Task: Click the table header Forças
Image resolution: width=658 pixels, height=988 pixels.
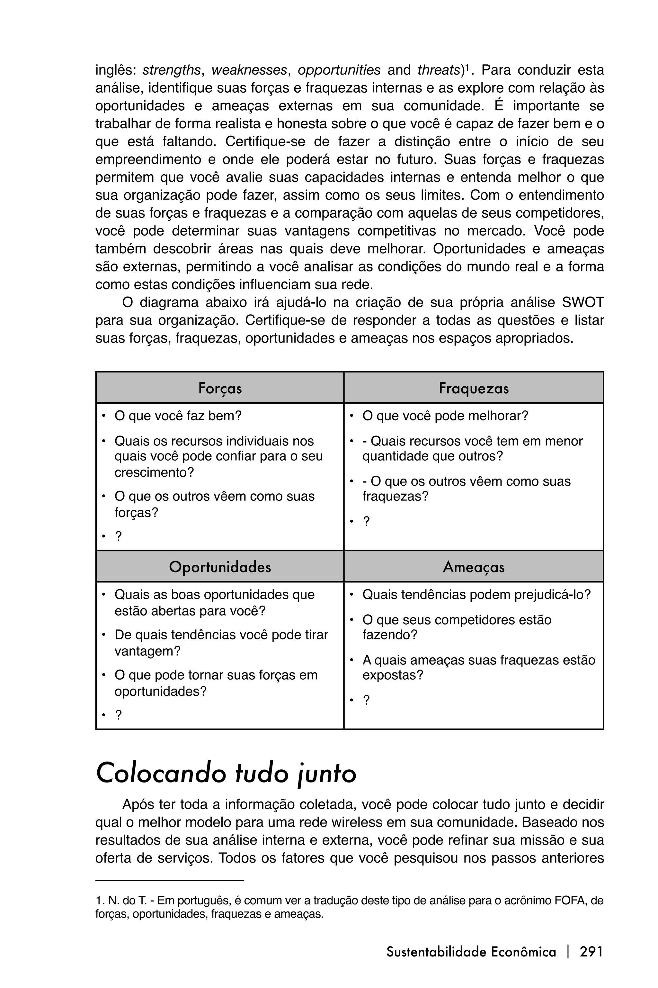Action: [x=220, y=388]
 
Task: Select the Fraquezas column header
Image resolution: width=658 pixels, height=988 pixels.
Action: [x=473, y=388]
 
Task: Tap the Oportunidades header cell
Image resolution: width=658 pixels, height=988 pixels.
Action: [x=220, y=567]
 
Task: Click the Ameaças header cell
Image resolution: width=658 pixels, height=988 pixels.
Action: [x=473, y=567]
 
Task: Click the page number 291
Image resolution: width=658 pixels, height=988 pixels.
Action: [x=591, y=951]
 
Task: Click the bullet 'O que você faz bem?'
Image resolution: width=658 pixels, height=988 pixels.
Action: [x=178, y=416]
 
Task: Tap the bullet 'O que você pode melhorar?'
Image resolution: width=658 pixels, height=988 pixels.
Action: [x=445, y=416]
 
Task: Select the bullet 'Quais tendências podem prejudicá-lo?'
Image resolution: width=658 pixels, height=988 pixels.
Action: [x=476, y=594]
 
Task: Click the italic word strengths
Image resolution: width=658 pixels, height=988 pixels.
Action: [x=171, y=70]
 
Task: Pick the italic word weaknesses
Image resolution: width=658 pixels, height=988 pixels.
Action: [x=249, y=70]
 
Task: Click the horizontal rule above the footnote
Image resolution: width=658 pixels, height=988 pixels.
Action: [x=170, y=879]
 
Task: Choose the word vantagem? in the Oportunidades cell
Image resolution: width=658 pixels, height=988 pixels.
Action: [x=147, y=651]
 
